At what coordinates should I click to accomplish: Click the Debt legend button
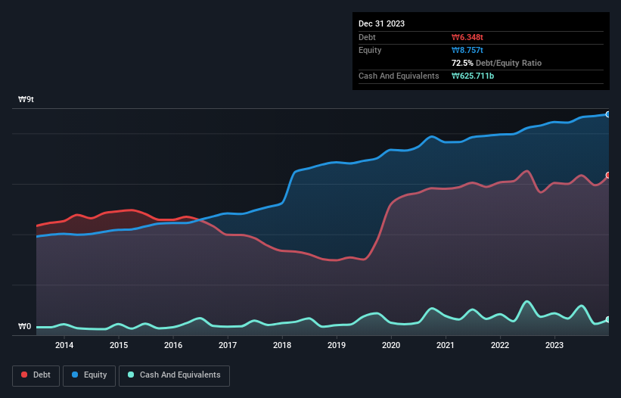coord(35,375)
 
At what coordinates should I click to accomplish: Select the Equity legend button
coord(89,375)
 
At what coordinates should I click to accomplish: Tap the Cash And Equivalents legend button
coord(174,375)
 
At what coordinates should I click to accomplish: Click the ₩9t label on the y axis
coord(26,99)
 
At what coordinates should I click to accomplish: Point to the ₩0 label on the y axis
coord(24,327)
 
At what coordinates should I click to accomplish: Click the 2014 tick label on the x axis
coord(64,346)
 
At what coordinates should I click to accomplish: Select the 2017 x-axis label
coord(228,346)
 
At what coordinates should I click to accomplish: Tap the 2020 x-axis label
coord(391,346)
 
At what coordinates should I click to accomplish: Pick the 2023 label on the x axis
coord(554,346)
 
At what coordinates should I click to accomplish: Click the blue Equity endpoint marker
coord(608,114)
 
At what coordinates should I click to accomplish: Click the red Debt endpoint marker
coord(608,176)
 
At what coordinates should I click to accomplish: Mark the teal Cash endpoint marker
coord(608,319)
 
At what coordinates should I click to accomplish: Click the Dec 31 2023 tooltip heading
coord(381,23)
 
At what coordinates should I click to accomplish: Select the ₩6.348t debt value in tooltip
coord(467,37)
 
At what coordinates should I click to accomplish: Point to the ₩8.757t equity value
coord(467,50)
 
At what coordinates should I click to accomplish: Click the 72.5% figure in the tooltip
coord(463,63)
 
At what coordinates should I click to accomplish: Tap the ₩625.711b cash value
coord(473,76)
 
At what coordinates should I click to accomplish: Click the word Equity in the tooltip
coord(370,50)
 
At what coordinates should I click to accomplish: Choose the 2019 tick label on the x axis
coord(337,346)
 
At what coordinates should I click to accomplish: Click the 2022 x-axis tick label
coord(500,346)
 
